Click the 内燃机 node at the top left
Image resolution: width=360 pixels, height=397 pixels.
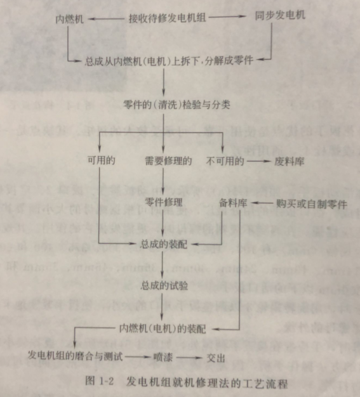tap(69, 20)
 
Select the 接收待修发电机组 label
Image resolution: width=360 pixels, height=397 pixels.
tap(168, 18)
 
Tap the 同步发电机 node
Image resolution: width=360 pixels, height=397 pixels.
tap(280, 16)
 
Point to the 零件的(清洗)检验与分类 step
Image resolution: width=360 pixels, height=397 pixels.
tap(177, 104)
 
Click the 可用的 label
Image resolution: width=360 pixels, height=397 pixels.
tap(102, 160)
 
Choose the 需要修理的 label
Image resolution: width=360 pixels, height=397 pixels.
tap(168, 161)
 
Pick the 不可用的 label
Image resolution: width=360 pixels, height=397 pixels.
tap(225, 161)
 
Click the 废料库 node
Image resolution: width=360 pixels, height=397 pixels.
tap(290, 161)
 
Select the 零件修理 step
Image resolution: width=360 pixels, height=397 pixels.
tap(164, 202)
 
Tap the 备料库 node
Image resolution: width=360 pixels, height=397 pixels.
tap(233, 203)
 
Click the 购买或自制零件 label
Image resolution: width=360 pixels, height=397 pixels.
tap(312, 204)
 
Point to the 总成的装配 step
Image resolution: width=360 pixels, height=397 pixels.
tap(164, 244)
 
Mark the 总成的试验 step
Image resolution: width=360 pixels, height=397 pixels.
tap(164, 286)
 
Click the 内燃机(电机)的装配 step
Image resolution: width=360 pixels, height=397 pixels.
tap(163, 329)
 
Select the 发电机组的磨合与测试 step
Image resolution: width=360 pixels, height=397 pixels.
tap(76, 356)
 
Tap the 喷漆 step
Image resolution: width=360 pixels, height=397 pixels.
tap(163, 357)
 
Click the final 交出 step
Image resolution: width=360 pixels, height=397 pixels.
tap(216, 358)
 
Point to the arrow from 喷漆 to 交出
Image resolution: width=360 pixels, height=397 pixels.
tap(189, 358)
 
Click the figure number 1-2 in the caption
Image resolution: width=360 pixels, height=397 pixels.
tap(107, 381)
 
